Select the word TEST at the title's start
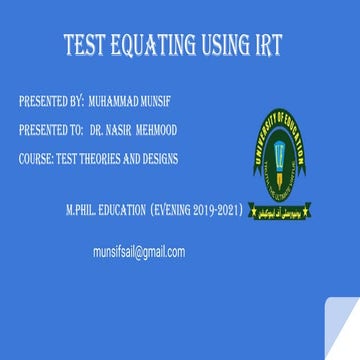(83, 45)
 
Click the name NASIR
(126, 130)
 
